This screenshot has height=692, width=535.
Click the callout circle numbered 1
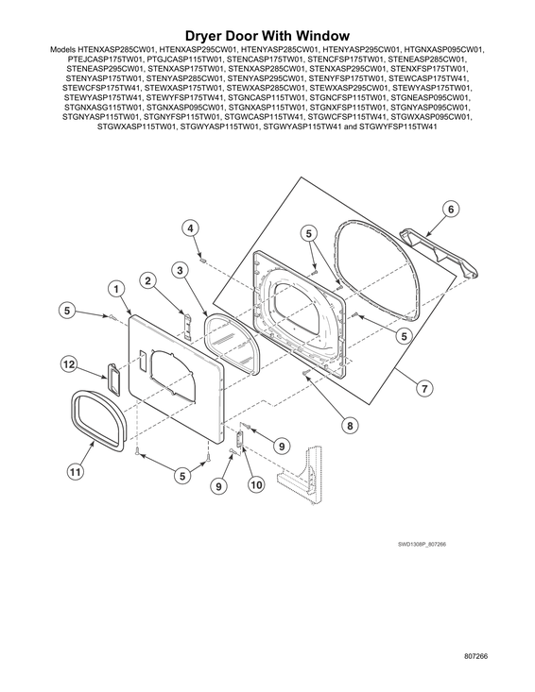(116, 290)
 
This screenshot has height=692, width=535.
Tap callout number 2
(148, 280)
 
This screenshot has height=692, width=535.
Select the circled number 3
(180, 271)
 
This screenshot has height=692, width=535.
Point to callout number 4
(190, 228)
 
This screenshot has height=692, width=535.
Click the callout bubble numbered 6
(451, 209)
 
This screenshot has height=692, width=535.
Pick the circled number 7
(424, 388)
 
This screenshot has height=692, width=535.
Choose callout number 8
(350, 426)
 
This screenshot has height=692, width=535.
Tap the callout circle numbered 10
(256, 485)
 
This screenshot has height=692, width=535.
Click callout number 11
(75, 472)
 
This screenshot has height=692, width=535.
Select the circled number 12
(69, 364)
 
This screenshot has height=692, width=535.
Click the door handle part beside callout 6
(439, 253)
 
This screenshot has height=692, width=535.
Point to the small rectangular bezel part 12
(112, 378)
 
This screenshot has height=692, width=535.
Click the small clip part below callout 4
(203, 260)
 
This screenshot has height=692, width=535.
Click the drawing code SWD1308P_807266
(422, 544)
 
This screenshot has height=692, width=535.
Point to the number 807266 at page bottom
(475, 656)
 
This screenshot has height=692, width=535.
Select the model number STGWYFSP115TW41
(398, 127)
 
